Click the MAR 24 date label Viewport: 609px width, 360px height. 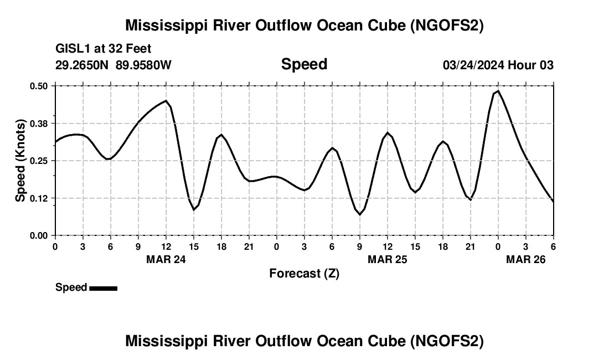(x=166, y=259)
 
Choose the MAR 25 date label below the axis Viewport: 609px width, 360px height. (x=388, y=259)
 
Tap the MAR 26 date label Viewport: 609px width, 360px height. (x=526, y=259)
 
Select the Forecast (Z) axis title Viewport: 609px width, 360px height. (x=304, y=273)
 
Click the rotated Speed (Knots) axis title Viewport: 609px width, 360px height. (x=20, y=161)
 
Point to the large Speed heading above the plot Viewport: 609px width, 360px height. (x=304, y=64)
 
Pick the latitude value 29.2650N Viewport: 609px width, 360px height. (x=82, y=65)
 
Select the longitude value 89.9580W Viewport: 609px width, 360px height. (x=143, y=65)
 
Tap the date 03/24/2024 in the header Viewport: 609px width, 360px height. (x=473, y=65)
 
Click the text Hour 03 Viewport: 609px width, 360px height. (x=531, y=65)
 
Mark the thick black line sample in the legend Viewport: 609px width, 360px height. (x=103, y=288)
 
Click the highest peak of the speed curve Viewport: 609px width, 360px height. (x=498, y=91)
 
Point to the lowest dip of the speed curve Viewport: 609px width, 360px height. (x=360, y=214)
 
